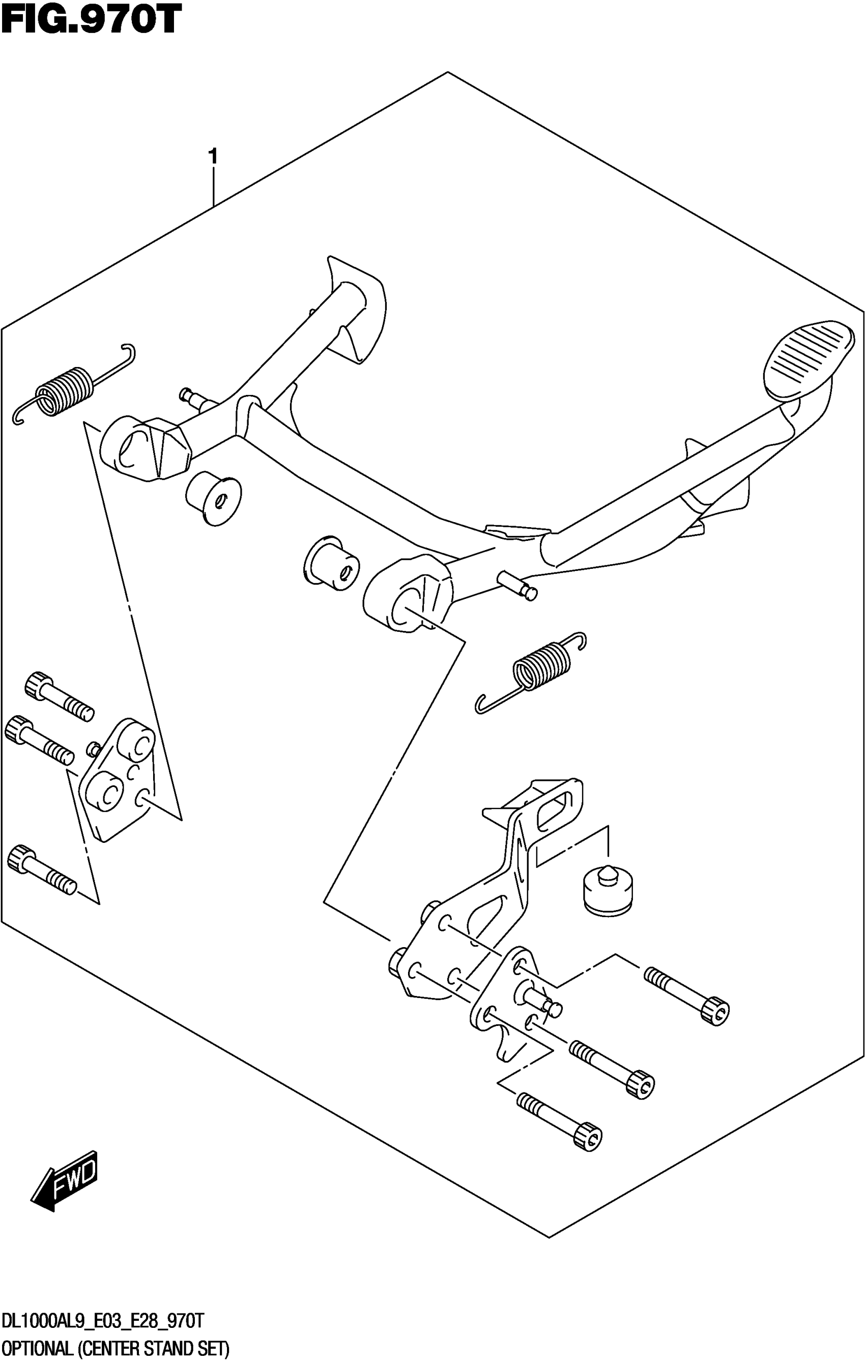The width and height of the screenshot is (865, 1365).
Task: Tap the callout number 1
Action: pos(213,157)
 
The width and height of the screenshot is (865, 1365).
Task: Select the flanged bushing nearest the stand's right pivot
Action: pos(332,562)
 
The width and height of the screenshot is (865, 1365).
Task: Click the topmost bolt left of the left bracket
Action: pos(59,696)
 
